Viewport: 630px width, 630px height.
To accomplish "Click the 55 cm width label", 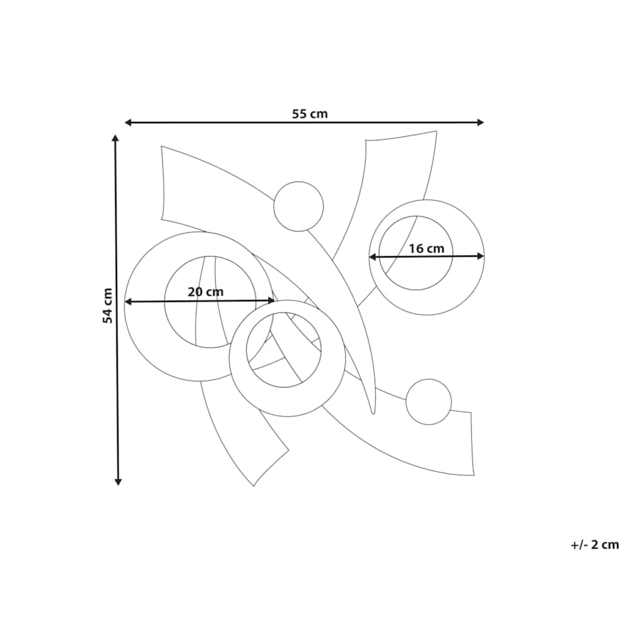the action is click(x=310, y=114).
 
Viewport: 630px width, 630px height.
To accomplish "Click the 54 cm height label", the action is click(x=108, y=306).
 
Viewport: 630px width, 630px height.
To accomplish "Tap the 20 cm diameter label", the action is click(x=205, y=292).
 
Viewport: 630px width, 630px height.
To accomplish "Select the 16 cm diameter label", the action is click(x=427, y=249).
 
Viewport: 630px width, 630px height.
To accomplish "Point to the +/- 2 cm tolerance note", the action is click(x=594, y=545).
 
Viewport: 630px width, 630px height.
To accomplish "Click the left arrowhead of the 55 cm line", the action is click(x=129, y=123).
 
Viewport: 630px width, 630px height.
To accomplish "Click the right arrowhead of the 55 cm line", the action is click(x=480, y=123).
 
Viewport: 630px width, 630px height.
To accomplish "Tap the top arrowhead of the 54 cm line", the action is click(x=116, y=139).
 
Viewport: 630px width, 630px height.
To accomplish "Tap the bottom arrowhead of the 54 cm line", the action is click(x=118, y=481).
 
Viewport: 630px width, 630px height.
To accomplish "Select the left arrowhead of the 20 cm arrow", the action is click(x=129, y=302).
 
